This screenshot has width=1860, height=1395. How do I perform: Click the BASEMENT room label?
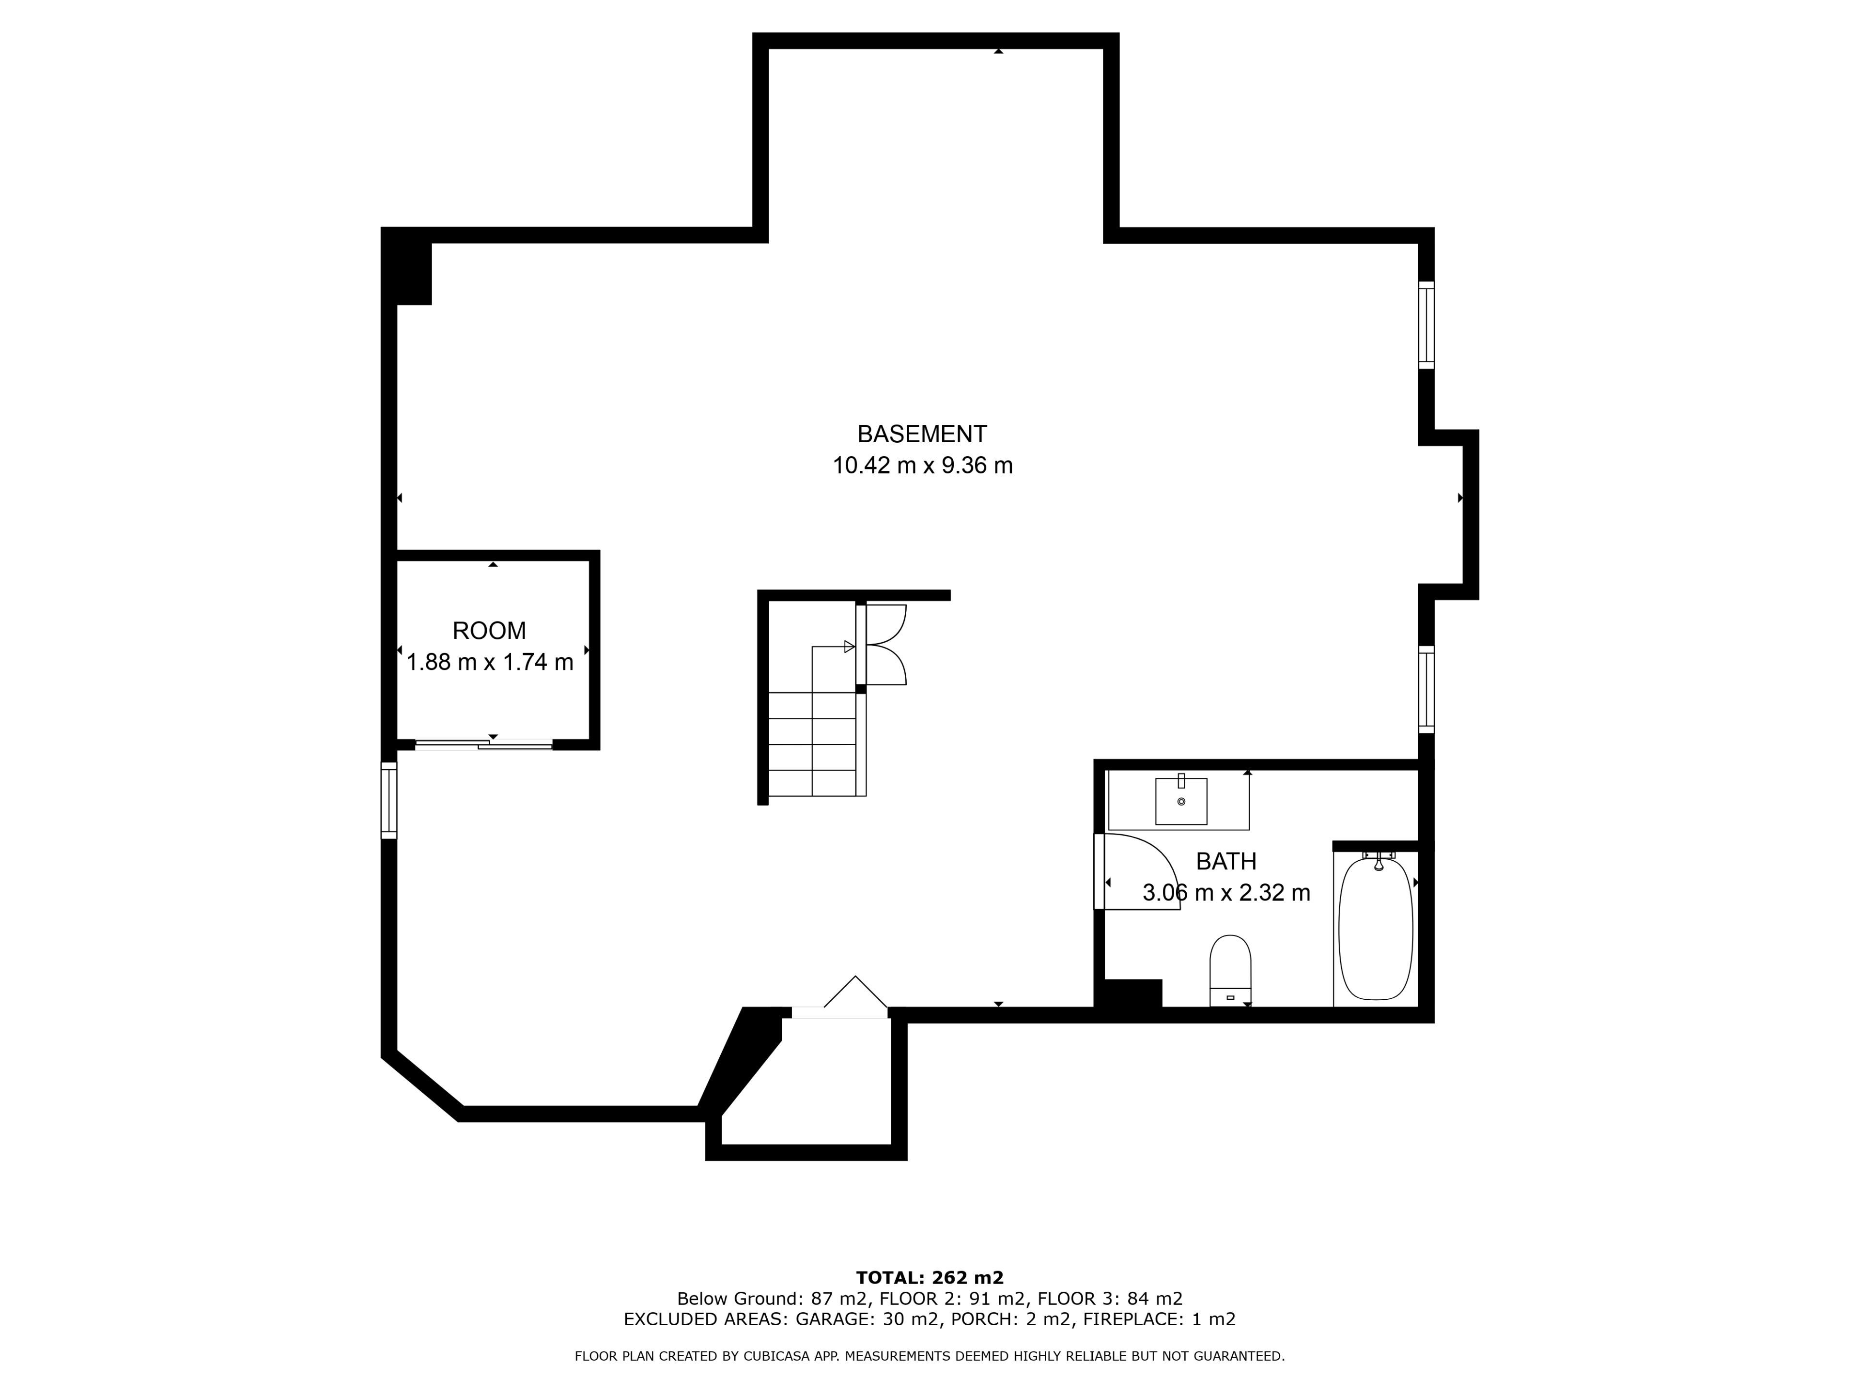pos(922,434)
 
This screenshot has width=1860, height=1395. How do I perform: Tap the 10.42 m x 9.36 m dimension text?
pos(922,465)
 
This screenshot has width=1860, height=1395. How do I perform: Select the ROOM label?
pos(489,631)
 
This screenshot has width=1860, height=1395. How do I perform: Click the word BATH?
pos(1226,861)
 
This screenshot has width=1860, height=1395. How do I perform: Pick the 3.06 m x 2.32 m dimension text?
pos(1226,892)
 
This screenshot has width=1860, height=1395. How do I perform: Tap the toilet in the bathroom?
pos(1230,970)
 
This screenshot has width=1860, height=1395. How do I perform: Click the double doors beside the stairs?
pos(884,645)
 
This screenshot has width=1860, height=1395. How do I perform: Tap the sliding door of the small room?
pos(483,744)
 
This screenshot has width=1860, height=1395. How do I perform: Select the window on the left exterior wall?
pos(388,800)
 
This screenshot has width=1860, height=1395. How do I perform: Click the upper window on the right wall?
pos(1426,325)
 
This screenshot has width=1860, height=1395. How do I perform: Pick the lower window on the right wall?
pos(1426,689)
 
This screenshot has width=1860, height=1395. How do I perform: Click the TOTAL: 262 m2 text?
pos(930,1277)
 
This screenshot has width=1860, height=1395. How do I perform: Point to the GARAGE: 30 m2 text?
pos(867,1318)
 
